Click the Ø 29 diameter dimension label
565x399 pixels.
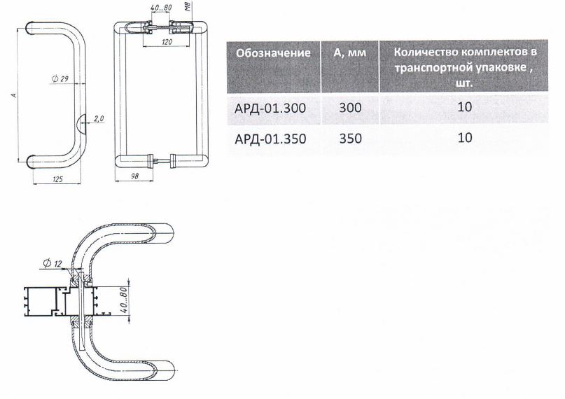click(60, 78)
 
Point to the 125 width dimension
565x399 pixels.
click(57, 179)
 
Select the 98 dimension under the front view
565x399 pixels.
click(134, 176)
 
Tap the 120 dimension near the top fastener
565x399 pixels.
click(167, 42)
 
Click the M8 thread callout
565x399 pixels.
click(188, 6)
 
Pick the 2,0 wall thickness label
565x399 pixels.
click(99, 118)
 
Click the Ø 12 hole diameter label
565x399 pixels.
click(53, 264)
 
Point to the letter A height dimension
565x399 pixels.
click(14, 95)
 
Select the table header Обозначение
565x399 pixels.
click(273, 53)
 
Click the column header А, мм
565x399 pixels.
click(349, 53)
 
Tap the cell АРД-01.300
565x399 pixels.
click(270, 108)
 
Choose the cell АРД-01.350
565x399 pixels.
click(270, 139)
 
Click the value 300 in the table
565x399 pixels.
click(350, 107)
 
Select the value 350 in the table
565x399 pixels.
click(350, 139)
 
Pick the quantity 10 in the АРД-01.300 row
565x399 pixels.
click(464, 106)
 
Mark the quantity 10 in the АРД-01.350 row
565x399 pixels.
click(464, 138)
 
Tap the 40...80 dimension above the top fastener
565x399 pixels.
click(161, 8)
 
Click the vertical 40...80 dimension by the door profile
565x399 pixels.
click(123, 300)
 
